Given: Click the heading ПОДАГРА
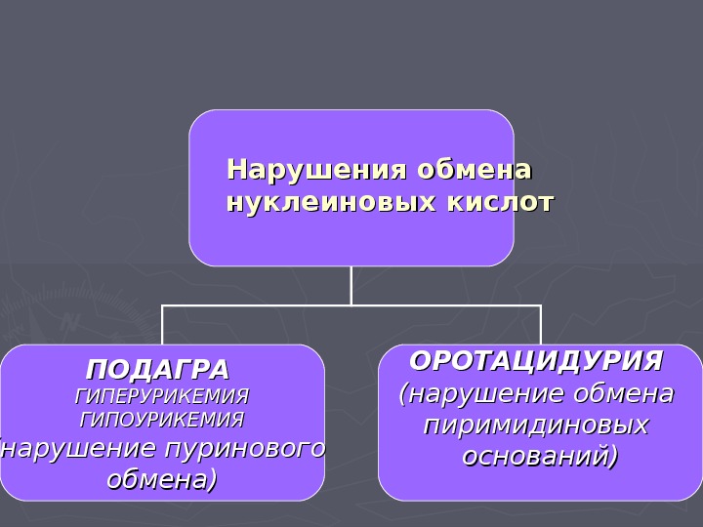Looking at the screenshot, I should click(x=158, y=371).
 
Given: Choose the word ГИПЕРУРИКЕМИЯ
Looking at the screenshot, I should click(x=162, y=397).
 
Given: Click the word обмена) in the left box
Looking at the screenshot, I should click(x=162, y=479).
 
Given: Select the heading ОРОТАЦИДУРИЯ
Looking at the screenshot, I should click(x=536, y=361).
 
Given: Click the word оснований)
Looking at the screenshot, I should click(x=540, y=456).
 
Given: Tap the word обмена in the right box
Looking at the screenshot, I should click(x=624, y=394).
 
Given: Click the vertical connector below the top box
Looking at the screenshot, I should click(x=351, y=285).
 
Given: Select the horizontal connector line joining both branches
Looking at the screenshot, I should click(x=351, y=305).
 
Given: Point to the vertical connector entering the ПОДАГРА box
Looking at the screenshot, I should click(x=162, y=325).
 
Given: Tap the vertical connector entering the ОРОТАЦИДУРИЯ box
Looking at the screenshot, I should click(x=540, y=325).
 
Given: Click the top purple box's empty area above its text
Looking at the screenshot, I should click(x=351, y=132).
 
